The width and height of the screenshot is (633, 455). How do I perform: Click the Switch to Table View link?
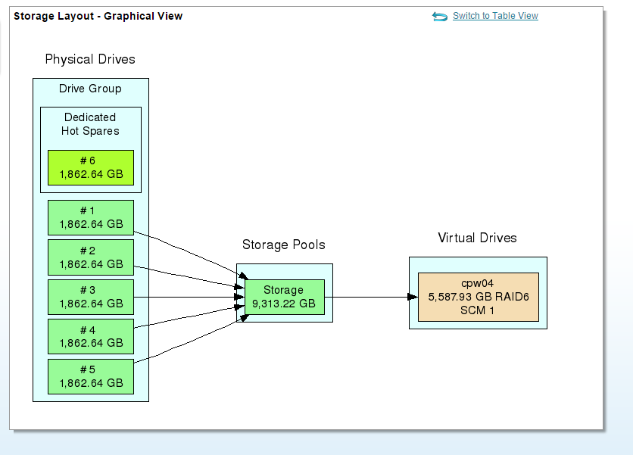coord(495,16)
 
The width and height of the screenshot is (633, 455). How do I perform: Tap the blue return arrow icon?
coord(440,16)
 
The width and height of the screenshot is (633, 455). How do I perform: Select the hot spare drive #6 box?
coord(91,167)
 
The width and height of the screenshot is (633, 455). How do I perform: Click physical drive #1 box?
coord(91,217)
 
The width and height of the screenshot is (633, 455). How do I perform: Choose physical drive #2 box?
coord(91,257)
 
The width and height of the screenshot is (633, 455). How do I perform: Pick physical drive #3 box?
coord(91,297)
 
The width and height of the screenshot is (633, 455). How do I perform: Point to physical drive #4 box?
coord(91,336)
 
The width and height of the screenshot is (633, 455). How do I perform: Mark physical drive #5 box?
coord(91,376)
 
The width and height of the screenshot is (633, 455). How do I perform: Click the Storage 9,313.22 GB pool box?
coord(285,297)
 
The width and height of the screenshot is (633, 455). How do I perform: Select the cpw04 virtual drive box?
coord(479,297)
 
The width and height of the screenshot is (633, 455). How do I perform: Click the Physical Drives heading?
coord(90,59)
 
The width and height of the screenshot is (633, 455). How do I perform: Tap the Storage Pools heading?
coord(284,245)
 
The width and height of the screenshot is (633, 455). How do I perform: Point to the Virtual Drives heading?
coord(477,238)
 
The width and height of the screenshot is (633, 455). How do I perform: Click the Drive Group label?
coord(90,89)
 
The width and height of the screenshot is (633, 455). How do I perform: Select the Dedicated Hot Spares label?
coord(90,124)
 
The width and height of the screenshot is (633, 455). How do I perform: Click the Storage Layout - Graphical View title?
coord(98,16)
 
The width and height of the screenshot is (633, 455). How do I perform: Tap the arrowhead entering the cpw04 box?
coord(413,297)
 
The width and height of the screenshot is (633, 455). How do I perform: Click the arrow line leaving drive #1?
coord(190,253)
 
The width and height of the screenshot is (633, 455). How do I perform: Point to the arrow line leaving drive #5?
coord(190,340)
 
